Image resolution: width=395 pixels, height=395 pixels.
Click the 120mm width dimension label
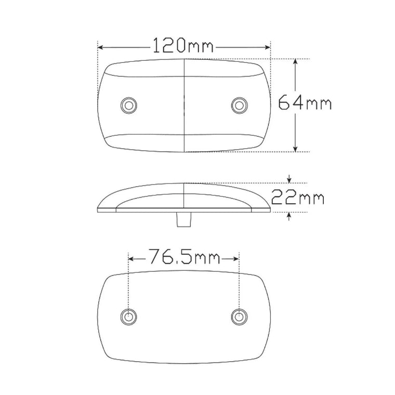pos(183,47)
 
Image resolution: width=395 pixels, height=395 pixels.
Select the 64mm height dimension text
pos(305,103)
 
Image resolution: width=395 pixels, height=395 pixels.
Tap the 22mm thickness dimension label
pos(298,198)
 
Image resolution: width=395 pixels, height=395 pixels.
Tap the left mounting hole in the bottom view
pos(127,316)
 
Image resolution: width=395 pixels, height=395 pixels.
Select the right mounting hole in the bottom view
pos(239,316)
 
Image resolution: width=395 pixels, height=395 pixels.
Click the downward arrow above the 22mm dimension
pos(289,180)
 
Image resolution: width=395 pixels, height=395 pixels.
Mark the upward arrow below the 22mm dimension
pos(289,216)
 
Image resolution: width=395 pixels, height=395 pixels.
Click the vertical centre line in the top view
pos(185,104)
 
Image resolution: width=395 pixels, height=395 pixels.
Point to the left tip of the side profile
pos(99,209)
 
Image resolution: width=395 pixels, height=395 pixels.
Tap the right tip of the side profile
pos(270,209)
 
